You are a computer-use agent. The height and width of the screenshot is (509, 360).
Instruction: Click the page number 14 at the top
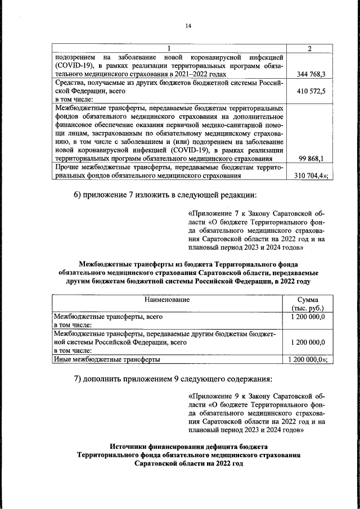(x=180, y=25)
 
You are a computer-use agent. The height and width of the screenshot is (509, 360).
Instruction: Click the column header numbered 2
(x=310, y=48)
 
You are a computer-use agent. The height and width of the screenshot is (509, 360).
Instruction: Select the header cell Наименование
(x=168, y=300)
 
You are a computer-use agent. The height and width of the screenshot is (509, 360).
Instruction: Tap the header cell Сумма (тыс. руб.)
(x=308, y=304)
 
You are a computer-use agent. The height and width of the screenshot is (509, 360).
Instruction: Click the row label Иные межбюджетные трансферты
(x=107, y=358)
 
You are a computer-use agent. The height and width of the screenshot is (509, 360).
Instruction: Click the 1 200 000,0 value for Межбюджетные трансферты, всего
(x=308, y=317)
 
